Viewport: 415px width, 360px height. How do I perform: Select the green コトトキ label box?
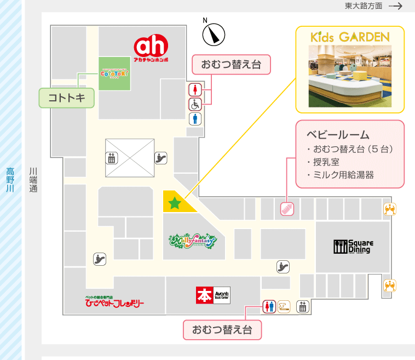tap(66, 99)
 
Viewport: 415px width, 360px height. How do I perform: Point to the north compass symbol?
tap(214, 35)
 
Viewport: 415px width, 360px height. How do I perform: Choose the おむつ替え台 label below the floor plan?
tap(222, 330)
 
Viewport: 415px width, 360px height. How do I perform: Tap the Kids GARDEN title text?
tap(350, 38)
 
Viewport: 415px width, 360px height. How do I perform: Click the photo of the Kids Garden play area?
tap(350, 77)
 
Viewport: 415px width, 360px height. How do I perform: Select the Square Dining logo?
tap(353, 247)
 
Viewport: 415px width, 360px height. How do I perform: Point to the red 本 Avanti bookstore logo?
tap(212, 295)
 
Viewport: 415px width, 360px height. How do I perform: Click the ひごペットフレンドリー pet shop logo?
tap(114, 302)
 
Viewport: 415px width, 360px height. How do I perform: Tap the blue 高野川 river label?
tap(10, 179)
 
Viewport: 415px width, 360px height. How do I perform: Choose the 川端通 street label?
tap(33, 179)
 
